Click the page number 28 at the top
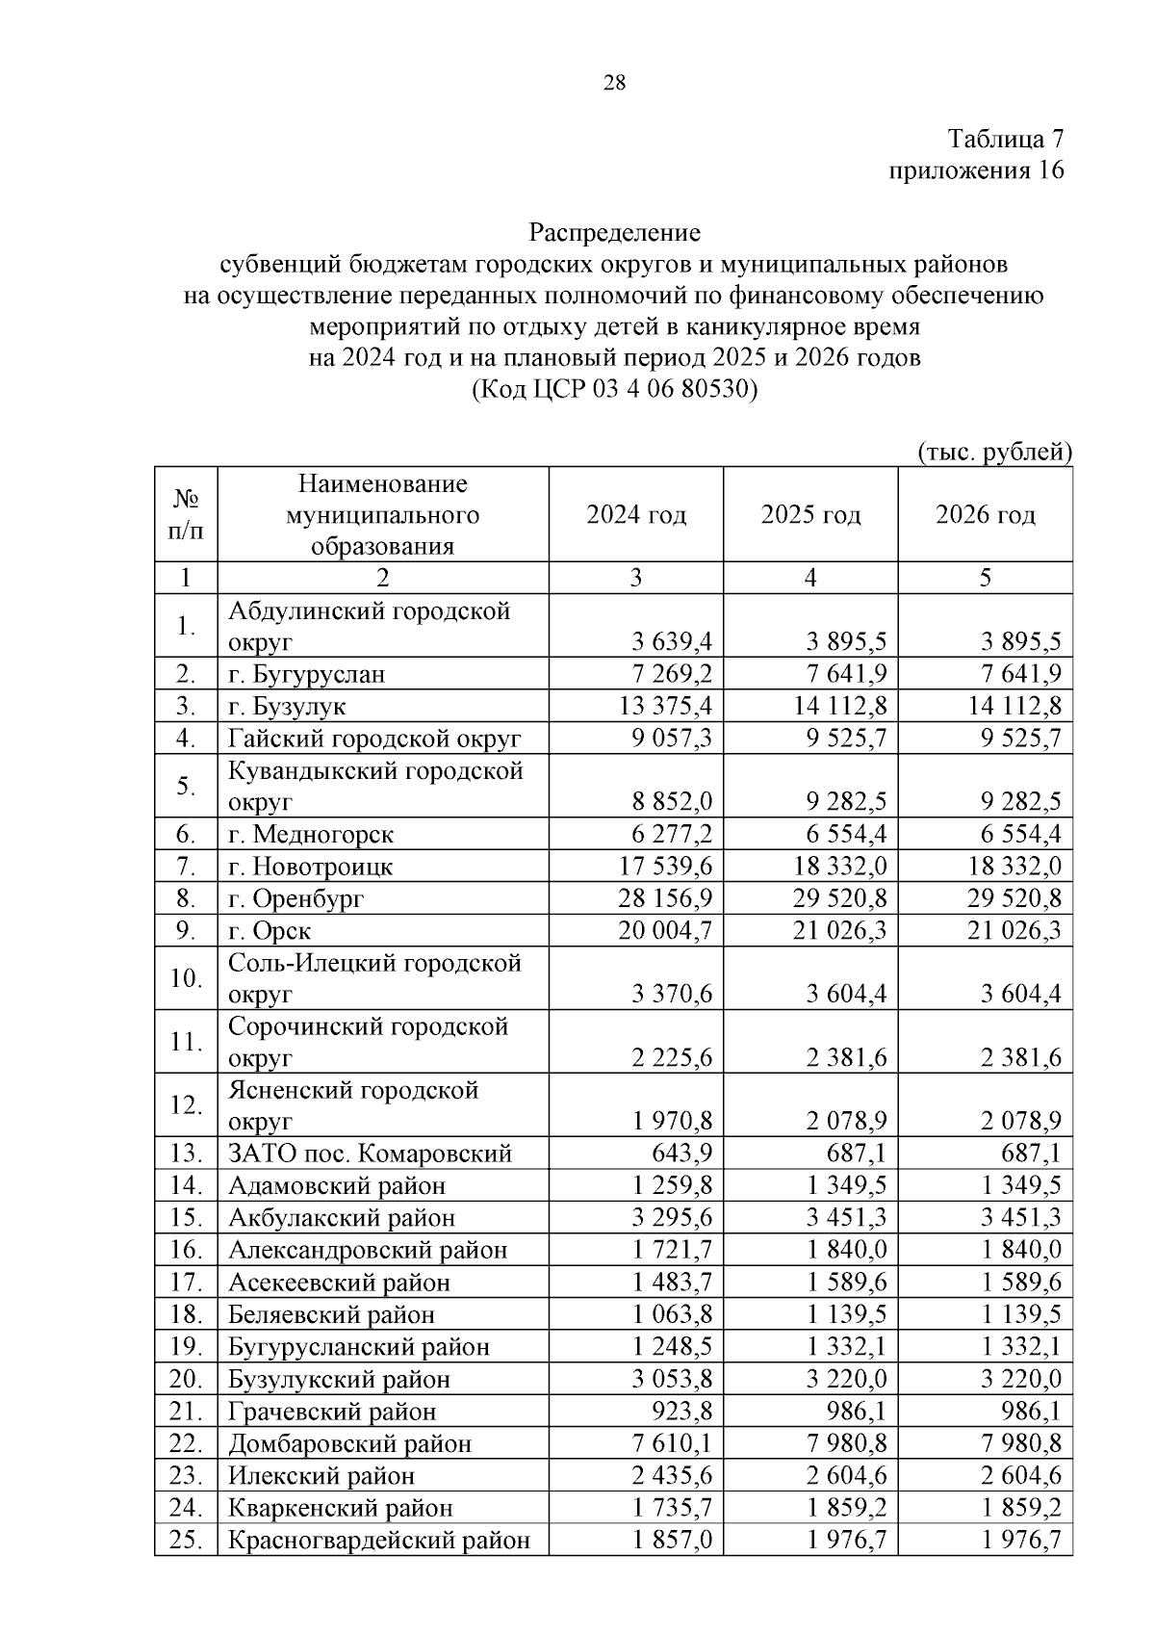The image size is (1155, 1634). pyautogui.click(x=614, y=83)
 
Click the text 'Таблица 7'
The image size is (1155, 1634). pyautogui.click(x=1006, y=140)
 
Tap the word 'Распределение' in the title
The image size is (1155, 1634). pyautogui.click(x=614, y=233)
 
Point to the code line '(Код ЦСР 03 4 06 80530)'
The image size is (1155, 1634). pyautogui.click(x=614, y=390)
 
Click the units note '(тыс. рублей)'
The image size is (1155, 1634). pyautogui.click(x=995, y=453)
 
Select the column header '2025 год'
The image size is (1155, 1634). pyautogui.click(x=810, y=515)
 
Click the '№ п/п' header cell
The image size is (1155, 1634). pyautogui.click(x=186, y=515)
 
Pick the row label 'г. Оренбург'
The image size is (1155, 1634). pyautogui.click(x=296, y=898)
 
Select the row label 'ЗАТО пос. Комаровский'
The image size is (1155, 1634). pyautogui.click(x=370, y=1154)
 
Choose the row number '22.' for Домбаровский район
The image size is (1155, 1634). pyautogui.click(x=185, y=1443)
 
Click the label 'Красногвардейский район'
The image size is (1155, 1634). pyautogui.click(x=379, y=1541)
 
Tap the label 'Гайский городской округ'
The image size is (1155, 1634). pyautogui.click(x=374, y=739)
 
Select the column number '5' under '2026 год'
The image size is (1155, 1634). pyautogui.click(x=985, y=578)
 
